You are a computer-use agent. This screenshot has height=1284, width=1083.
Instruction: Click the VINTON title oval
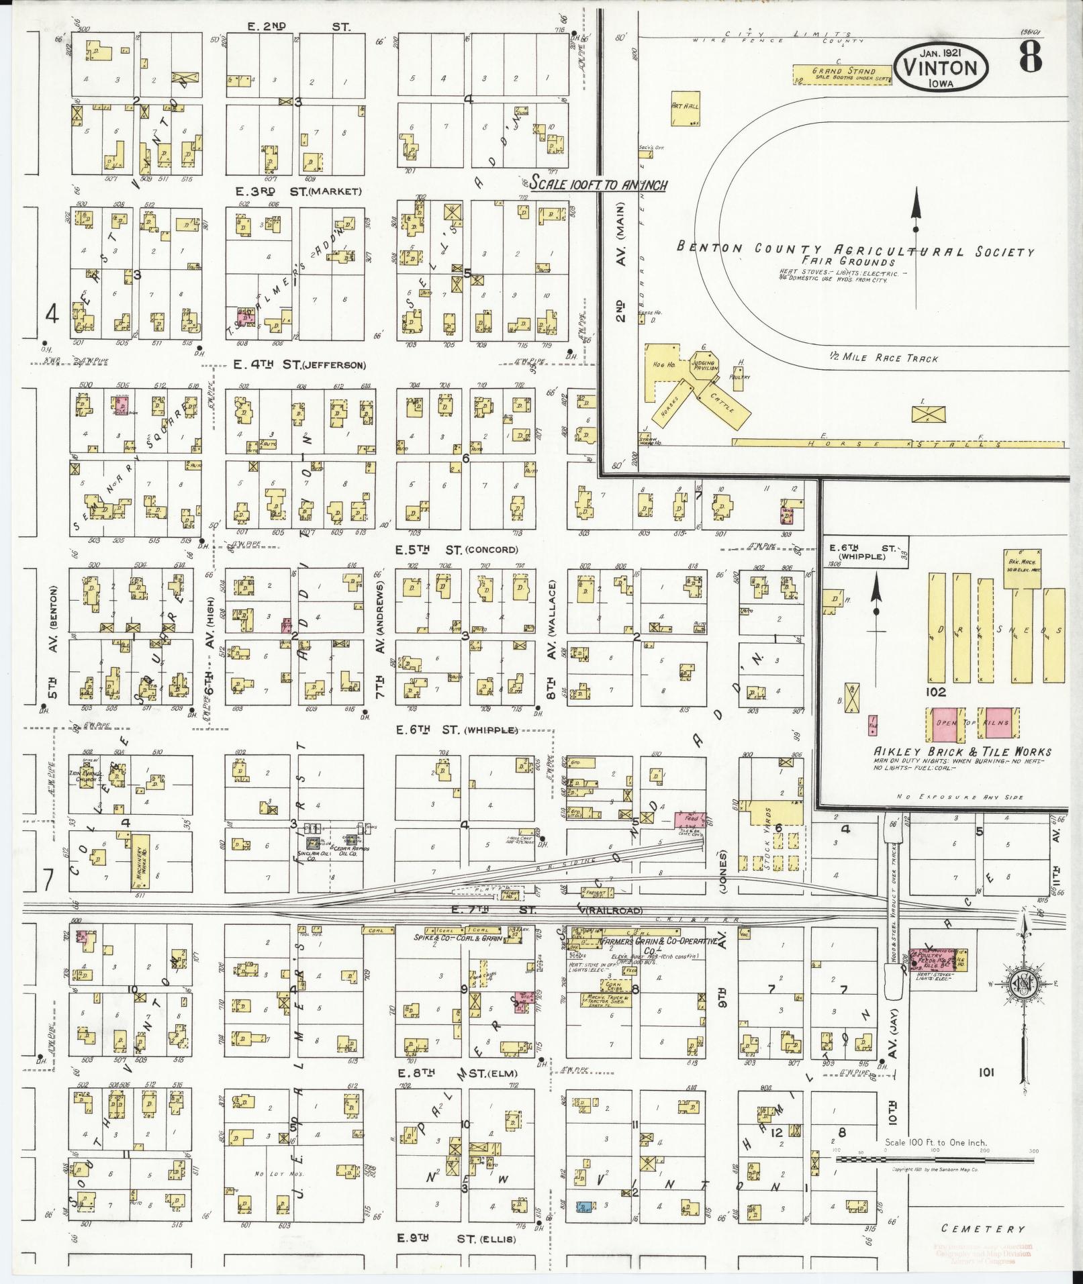click(943, 68)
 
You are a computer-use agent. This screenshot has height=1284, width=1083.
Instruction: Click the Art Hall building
click(685, 109)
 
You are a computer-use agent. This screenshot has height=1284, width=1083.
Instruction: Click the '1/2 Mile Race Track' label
click(884, 358)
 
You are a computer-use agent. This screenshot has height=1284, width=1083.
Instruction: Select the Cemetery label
click(984, 1228)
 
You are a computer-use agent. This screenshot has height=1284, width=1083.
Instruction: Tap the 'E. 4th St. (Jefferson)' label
click(299, 365)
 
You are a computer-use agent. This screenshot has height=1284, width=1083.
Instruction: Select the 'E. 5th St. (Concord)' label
click(457, 550)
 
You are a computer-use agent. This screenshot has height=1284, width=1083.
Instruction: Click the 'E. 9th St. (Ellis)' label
click(457, 1239)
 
